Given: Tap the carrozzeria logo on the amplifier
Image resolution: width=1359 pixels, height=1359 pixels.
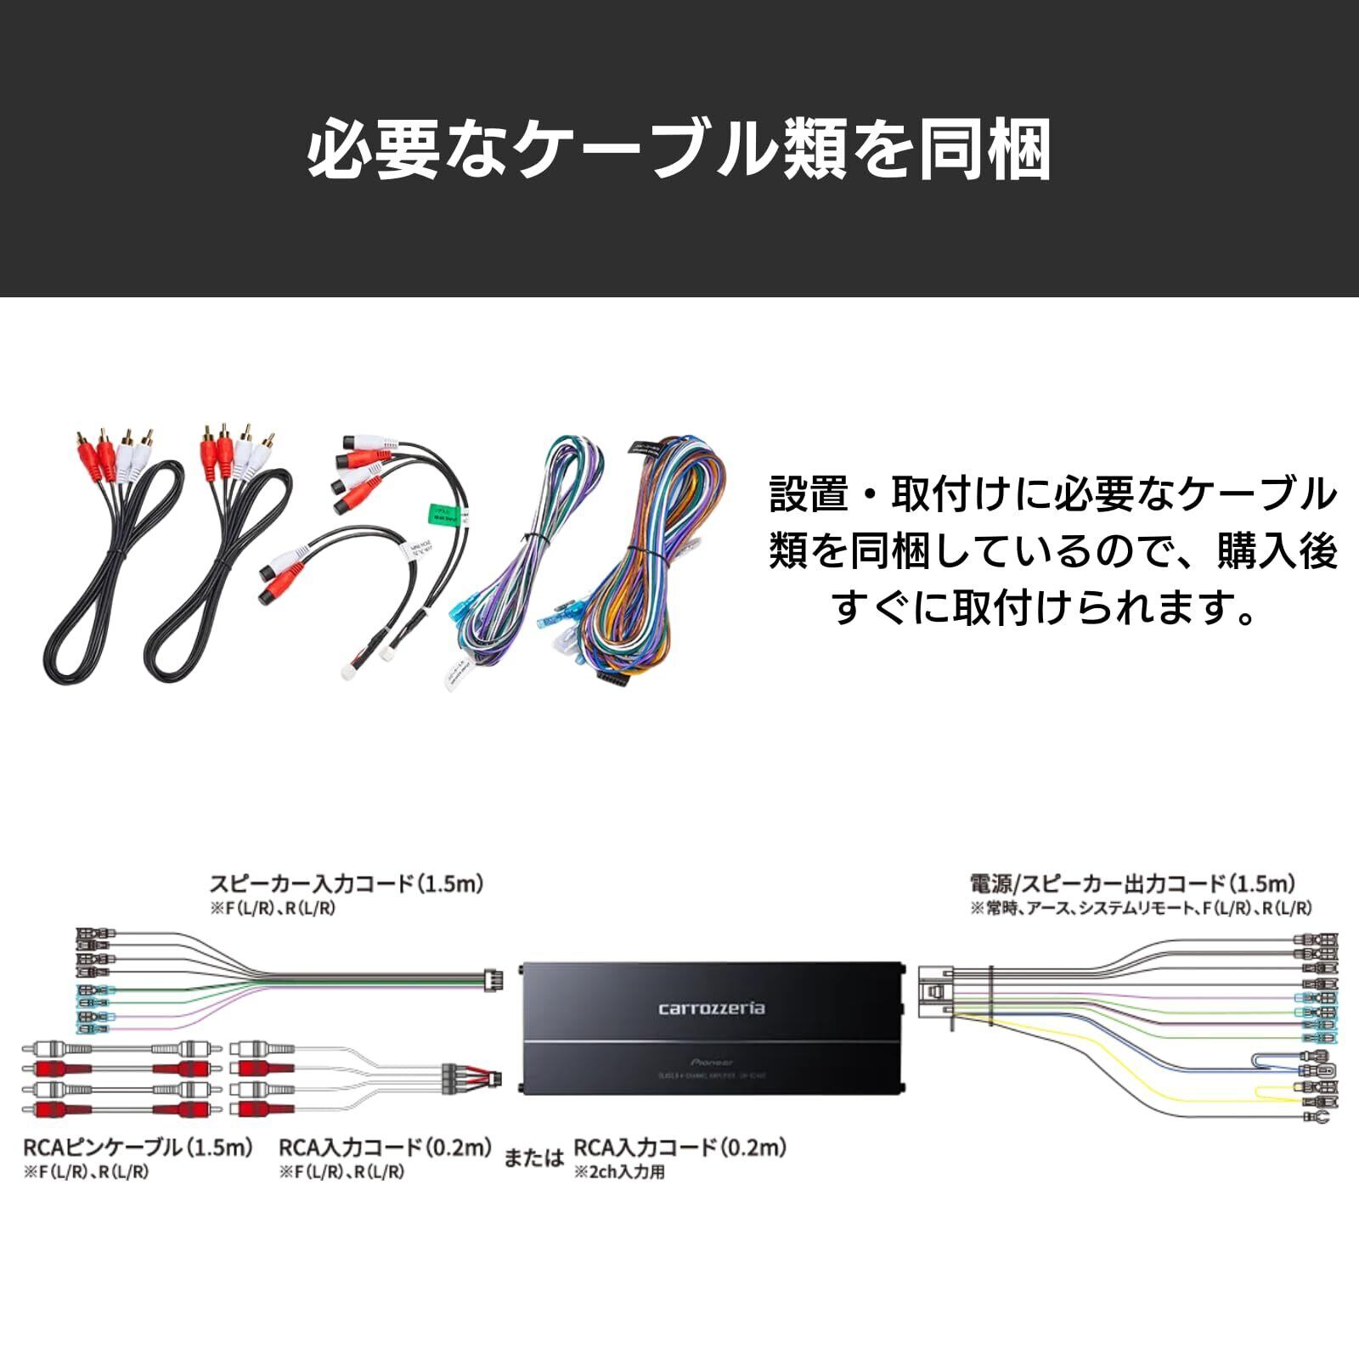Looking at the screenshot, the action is (711, 1008).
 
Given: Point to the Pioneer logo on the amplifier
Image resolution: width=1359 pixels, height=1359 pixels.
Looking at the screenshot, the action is (712, 1063).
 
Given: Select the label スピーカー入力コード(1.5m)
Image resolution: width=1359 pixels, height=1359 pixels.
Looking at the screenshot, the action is (347, 883).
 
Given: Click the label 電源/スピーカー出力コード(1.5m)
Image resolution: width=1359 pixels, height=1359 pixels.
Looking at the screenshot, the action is (1132, 883).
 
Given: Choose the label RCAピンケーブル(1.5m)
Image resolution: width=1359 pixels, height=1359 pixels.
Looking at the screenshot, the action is (138, 1148).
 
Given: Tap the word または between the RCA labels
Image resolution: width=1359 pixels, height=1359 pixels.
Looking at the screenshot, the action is (533, 1157).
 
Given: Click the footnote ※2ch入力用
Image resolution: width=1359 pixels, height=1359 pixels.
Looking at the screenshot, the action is (619, 1173).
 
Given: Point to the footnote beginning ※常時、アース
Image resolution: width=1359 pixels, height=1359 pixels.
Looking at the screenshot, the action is (1141, 908).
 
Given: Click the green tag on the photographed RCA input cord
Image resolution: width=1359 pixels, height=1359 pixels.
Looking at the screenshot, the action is (440, 515).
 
